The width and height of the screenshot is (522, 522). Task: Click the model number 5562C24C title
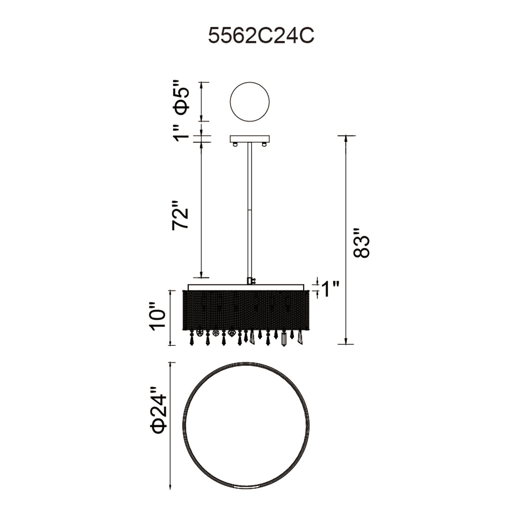pos(261,36)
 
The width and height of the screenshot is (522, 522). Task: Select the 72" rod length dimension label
pos(180,215)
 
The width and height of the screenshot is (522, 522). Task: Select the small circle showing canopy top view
pos(249,102)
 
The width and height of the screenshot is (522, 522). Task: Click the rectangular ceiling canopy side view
pos(250,139)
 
